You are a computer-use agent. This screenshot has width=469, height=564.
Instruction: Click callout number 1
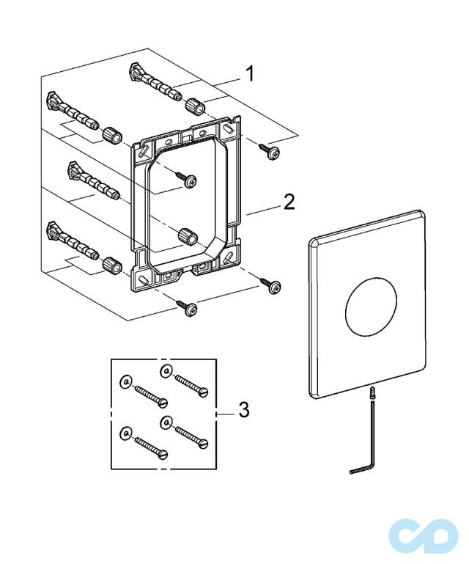249,73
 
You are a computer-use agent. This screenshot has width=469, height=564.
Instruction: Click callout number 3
244,409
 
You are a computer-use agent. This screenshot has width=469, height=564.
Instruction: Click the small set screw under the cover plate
373,392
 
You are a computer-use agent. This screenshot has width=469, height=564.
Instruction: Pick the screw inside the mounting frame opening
186,179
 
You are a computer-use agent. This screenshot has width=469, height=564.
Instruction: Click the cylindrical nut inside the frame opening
188,236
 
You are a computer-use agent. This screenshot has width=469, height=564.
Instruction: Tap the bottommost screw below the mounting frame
187,308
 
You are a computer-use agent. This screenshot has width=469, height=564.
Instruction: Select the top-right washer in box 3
166,370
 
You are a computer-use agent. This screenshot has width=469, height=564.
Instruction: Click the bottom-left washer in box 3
125,433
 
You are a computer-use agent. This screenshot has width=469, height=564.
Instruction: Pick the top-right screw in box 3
192,386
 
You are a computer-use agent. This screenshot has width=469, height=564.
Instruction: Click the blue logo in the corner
424,537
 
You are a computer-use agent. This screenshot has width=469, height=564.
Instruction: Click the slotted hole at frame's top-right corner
228,128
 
